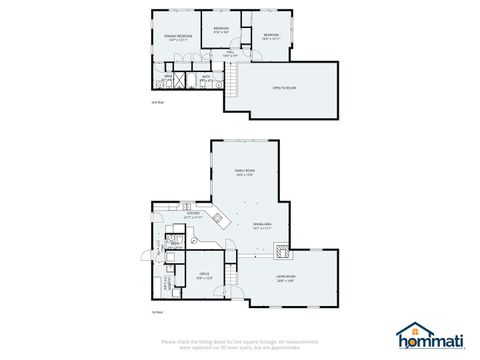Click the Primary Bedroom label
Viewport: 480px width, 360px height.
[178, 37]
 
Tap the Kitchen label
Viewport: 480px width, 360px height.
[193, 214]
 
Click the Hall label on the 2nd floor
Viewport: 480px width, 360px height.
[229, 55]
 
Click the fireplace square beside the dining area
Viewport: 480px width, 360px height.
[282, 250]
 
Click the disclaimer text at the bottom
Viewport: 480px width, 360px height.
[240, 343]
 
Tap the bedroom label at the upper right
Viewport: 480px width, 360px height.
[270, 37]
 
